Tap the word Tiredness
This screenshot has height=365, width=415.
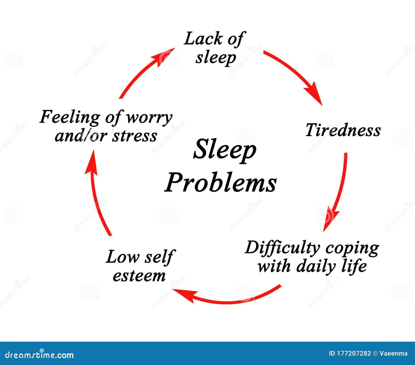click(x=343, y=130)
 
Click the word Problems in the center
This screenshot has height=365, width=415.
click(x=220, y=182)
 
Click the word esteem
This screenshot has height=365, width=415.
click(x=139, y=276)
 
